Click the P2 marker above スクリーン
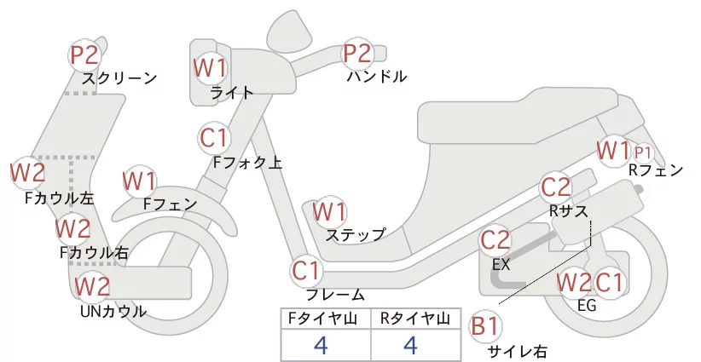coord(84,55)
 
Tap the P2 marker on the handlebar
coord(356,53)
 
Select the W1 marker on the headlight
coord(210,68)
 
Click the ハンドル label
coord(377,77)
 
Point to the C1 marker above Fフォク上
coord(214,137)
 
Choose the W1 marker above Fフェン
coord(140,181)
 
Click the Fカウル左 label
coord(60,198)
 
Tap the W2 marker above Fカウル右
coord(72,228)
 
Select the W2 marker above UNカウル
coord(92,286)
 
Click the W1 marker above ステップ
coord(329,211)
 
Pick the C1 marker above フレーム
coord(307,271)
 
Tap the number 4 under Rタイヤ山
coord(410,345)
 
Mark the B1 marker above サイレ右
coord(484,326)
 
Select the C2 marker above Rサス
coord(556,187)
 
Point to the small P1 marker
coord(642,153)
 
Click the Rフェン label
coord(656,170)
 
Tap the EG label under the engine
coord(587,305)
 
